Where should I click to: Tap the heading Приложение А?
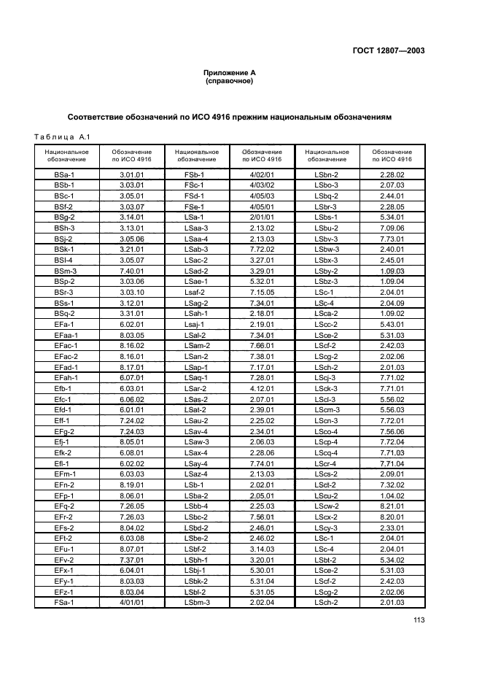tap(229, 73)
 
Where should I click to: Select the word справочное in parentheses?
tap(230, 81)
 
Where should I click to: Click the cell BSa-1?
tap(66, 174)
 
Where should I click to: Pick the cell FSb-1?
tap(195, 174)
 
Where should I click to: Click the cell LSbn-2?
tap(327, 174)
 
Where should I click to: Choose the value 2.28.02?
tap(392, 174)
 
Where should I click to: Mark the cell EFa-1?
tap(66, 323)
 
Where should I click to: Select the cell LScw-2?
tap(327, 504)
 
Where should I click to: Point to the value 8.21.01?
tap(392, 504)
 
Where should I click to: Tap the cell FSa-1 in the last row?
tap(66, 602)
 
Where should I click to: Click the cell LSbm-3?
tap(196, 602)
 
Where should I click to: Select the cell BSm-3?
tap(66, 270)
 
